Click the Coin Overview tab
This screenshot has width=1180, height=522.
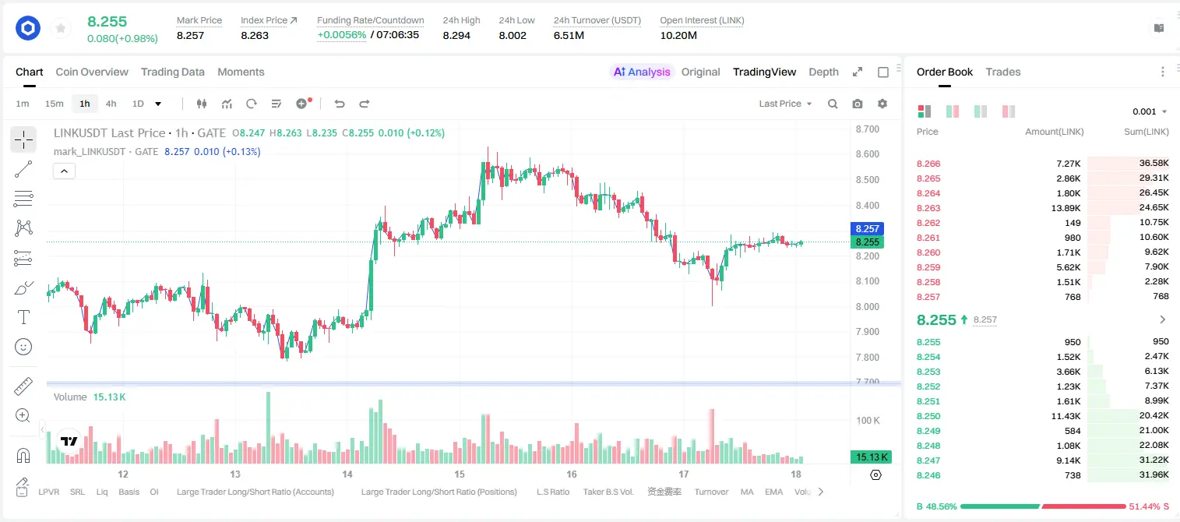[x=92, y=72]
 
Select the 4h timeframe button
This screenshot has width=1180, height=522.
[x=111, y=104]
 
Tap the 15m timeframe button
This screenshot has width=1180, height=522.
[x=55, y=104]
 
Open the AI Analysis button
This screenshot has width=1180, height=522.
[x=642, y=72]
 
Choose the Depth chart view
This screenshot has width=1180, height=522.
[x=823, y=72]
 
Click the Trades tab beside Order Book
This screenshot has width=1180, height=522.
[x=1003, y=72]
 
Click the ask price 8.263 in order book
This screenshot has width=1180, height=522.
[x=928, y=208]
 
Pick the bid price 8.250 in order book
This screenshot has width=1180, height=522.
[x=928, y=416]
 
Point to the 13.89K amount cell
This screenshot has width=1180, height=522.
[x=1066, y=208]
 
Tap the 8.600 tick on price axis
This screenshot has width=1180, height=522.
[x=868, y=154]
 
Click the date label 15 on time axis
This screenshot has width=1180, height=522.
[x=460, y=474]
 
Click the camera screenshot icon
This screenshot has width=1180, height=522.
[x=858, y=104]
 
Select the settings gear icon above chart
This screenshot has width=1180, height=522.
[x=882, y=104]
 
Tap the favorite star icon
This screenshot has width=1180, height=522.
[x=61, y=28]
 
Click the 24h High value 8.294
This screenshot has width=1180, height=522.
[x=456, y=35]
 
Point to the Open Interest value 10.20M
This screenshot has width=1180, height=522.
[x=678, y=35]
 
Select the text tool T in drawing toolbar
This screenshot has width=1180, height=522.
[x=23, y=317]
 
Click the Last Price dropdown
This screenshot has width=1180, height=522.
[x=785, y=104]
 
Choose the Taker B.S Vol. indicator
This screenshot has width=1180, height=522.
[x=608, y=492]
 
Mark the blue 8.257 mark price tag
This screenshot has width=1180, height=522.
[x=867, y=228]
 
